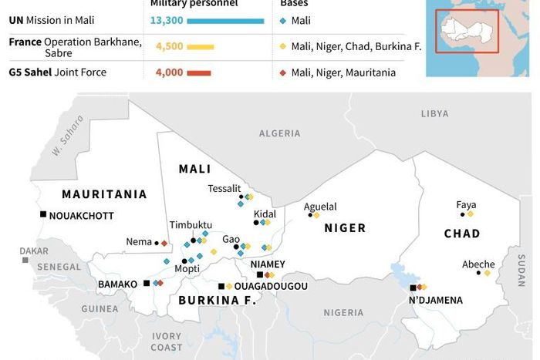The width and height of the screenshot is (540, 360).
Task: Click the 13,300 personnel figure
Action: (169, 20)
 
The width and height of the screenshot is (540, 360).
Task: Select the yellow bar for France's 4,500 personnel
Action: (199, 47)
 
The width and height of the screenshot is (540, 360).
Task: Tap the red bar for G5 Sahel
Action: (198, 73)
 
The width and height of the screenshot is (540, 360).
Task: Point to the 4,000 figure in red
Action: (169, 73)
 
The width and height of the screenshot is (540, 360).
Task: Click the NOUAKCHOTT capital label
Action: (81, 216)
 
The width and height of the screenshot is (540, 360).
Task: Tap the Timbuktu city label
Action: (191, 224)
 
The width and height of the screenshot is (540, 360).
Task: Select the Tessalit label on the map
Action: (224, 188)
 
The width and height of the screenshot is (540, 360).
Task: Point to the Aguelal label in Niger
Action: (320, 207)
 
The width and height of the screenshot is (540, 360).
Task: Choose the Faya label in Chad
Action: (466, 204)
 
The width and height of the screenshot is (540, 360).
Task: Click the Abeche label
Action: (478, 264)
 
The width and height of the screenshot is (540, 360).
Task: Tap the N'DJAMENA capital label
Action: (436, 299)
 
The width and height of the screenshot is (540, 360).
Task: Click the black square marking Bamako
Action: (147, 284)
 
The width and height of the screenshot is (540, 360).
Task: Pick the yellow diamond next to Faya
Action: (471, 214)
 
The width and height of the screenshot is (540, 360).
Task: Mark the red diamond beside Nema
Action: (164, 243)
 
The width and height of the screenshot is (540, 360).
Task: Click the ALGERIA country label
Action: (279, 133)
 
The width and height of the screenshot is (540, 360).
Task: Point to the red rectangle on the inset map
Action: (467, 31)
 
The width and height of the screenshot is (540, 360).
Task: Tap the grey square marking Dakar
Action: (25, 261)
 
